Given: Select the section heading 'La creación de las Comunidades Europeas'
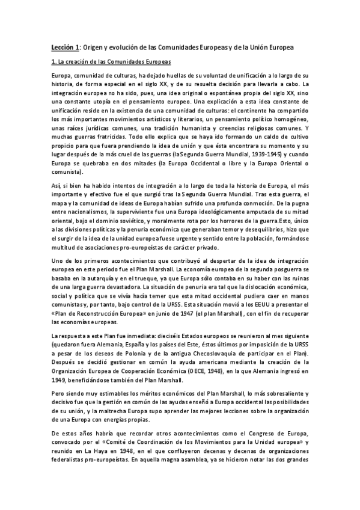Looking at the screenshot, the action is point(114,62).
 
